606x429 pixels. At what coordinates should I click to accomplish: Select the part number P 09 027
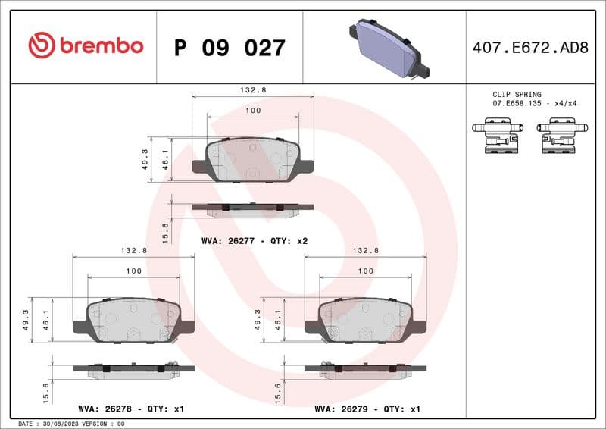tap(230, 48)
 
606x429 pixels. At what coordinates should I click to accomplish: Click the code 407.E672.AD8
tap(529, 48)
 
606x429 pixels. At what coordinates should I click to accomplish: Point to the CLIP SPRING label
tap(517, 95)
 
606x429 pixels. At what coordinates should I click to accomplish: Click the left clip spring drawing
tap(496, 136)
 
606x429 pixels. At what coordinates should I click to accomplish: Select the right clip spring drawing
tap(561, 136)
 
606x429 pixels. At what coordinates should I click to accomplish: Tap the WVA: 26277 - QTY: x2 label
tap(254, 240)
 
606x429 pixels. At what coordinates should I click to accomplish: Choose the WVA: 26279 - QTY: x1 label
tap(367, 409)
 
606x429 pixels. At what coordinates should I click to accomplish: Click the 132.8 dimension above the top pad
tap(252, 89)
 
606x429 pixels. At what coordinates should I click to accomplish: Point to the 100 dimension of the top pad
tap(253, 111)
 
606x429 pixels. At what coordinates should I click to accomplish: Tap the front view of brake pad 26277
tap(252, 159)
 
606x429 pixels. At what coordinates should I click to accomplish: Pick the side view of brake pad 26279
tap(365, 369)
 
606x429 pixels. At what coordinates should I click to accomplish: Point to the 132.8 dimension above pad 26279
tap(365, 250)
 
